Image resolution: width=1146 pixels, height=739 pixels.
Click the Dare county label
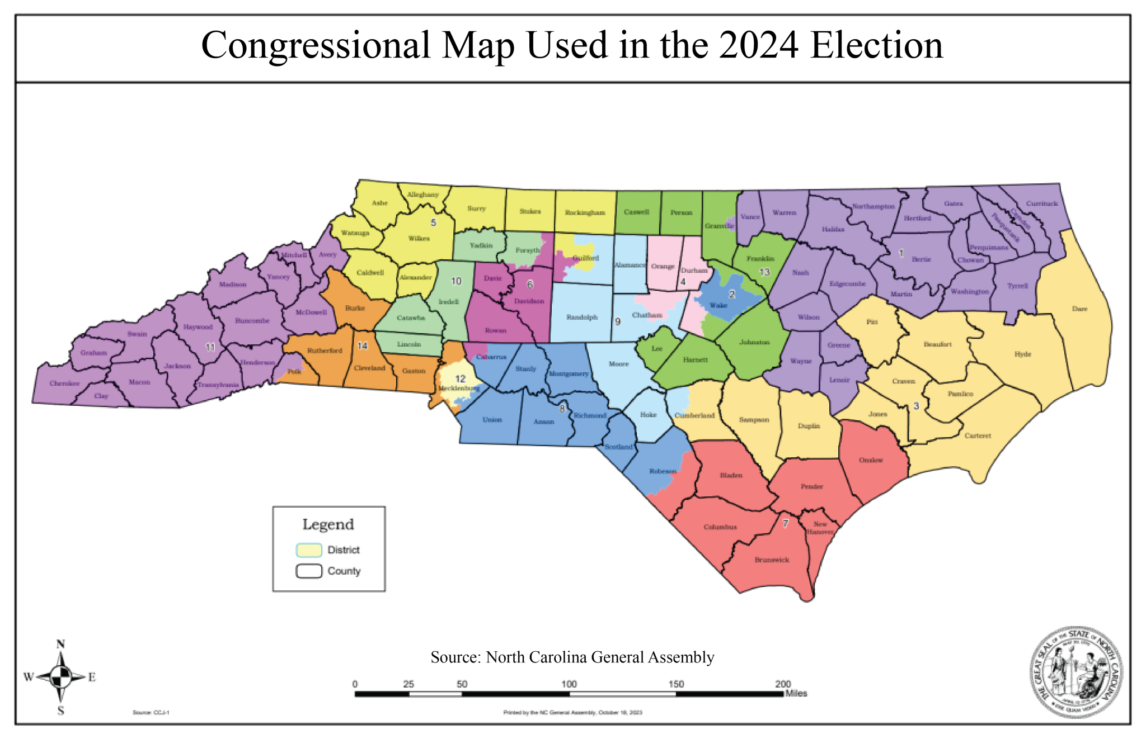[x=1079, y=309]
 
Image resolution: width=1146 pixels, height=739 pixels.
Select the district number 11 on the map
[x=210, y=347]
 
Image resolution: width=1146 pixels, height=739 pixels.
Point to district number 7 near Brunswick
[x=785, y=524]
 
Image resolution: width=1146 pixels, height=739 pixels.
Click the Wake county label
[x=718, y=305]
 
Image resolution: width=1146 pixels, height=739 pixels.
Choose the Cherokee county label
[x=64, y=383]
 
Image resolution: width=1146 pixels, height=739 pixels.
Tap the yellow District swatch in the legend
[x=309, y=550]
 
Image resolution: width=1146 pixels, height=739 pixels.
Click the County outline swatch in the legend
[x=309, y=571]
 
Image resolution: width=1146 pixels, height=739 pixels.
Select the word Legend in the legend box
[x=328, y=524]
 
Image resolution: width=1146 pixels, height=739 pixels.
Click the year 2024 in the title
[x=758, y=46]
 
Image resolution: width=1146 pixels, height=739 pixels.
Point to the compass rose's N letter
[x=61, y=645]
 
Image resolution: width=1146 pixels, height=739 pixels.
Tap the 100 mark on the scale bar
[x=569, y=684]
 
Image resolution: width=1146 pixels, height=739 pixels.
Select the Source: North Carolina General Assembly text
[x=572, y=657]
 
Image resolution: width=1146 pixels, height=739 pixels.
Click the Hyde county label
[x=1022, y=354]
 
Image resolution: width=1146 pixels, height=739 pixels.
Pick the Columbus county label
[x=720, y=527]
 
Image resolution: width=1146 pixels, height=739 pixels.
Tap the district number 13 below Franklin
[x=764, y=272]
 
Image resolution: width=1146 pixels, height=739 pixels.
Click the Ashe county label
[x=379, y=203]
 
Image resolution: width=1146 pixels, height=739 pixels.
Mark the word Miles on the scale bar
[x=796, y=694]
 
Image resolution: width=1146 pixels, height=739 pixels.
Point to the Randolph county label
[x=582, y=317]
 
